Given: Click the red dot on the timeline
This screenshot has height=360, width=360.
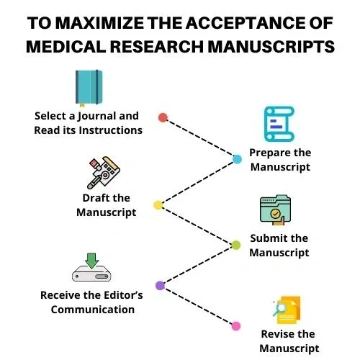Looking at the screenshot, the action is pyautogui.click(x=163, y=117).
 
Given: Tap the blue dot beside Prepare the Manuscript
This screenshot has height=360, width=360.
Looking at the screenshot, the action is pyautogui.click(x=237, y=159).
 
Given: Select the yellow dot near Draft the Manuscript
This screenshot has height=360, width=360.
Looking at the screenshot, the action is pyautogui.click(x=158, y=205).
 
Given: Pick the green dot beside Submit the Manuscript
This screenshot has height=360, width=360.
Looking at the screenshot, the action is pyautogui.click(x=236, y=245).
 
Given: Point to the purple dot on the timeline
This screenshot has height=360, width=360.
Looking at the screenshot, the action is pyautogui.click(x=160, y=286).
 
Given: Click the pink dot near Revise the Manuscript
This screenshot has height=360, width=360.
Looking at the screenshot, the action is pyautogui.click(x=236, y=326).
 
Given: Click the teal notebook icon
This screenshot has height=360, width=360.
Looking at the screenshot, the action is pyautogui.click(x=89, y=88).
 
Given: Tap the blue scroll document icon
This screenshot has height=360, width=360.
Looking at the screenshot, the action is pyautogui.click(x=279, y=124).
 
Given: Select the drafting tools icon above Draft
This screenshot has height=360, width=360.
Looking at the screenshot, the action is pyautogui.click(x=104, y=173).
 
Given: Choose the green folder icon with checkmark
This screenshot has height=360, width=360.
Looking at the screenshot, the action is pyautogui.click(x=276, y=210).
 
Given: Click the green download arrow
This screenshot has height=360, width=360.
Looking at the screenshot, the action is pyautogui.click(x=91, y=261).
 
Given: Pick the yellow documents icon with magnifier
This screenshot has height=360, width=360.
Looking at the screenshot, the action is pyautogui.click(x=287, y=310).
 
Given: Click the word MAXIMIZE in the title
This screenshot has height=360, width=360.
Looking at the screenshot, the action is pyautogui.click(x=101, y=23).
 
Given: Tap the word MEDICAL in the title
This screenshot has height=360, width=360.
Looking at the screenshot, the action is pyautogui.click(x=66, y=47).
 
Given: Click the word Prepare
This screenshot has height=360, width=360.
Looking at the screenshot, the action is pyautogui.click(x=267, y=153).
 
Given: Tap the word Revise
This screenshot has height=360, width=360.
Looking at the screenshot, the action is pyautogui.click(x=275, y=334).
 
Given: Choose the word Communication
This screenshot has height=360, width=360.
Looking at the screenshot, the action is pyautogui.click(x=93, y=310).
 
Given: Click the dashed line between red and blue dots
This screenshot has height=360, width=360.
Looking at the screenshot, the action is pyautogui.click(x=200, y=138).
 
